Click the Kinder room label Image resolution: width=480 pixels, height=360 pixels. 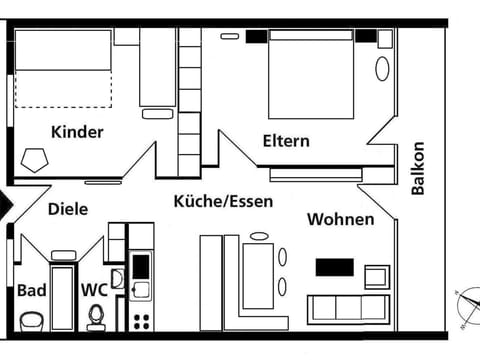[x=76, y=131]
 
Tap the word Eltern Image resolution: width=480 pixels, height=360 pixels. [x=286, y=141]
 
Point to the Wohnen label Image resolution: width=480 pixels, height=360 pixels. [x=340, y=219]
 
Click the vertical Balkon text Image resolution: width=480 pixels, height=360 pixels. [x=420, y=167]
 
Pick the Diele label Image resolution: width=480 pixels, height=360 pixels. [x=68, y=209]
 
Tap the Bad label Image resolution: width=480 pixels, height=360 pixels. [x=30, y=290]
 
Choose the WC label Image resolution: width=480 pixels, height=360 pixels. [x=94, y=290]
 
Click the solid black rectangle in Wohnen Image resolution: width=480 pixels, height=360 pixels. [x=336, y=267]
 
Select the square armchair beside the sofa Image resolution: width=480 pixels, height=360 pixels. [x=376, y=276]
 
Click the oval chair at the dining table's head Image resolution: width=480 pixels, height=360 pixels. [x=259, y=236]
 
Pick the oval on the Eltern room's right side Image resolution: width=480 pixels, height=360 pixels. [x=382, y=68]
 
